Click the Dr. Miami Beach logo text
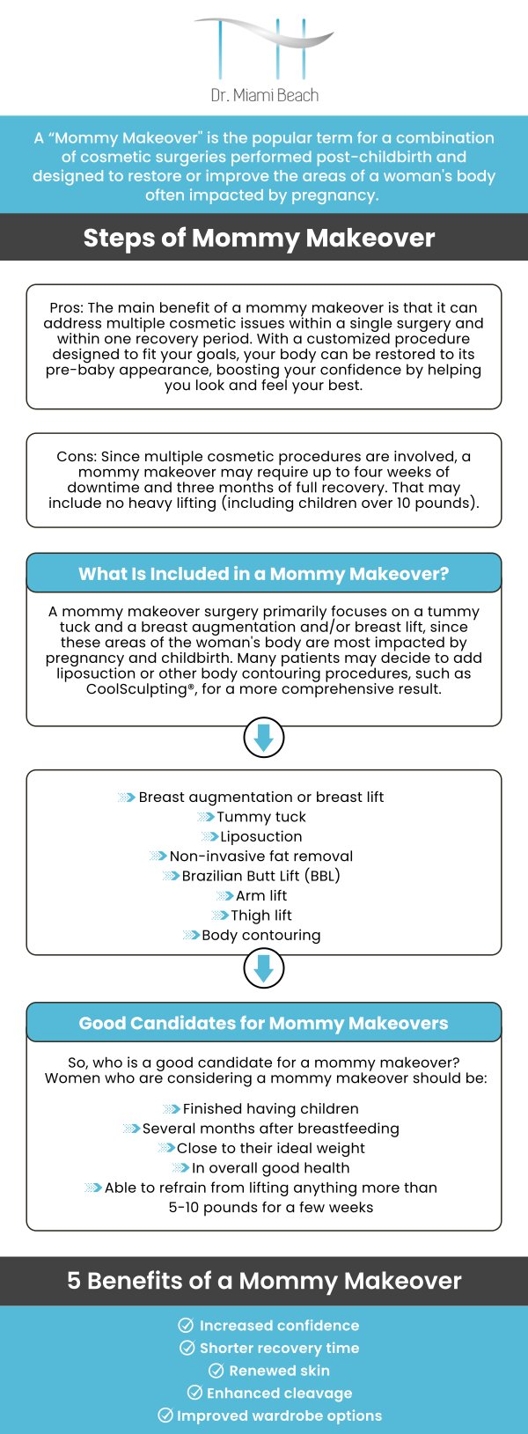264,95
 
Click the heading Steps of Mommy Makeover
259,238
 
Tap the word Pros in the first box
65,308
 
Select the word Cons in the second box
75,457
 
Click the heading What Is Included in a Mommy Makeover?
263,574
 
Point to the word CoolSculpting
136,689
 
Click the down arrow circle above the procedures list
263,739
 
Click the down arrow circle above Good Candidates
263,969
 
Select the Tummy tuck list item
260,817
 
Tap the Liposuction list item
260,836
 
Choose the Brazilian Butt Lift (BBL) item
260,876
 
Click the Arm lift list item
260,896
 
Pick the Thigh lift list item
260,916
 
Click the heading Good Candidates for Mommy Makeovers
263,1023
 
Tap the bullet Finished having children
270,1109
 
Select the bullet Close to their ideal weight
270,1149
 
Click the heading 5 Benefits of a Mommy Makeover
264,1281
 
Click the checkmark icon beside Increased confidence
186,1326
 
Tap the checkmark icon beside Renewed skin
216,1371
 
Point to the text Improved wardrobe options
279,1416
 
